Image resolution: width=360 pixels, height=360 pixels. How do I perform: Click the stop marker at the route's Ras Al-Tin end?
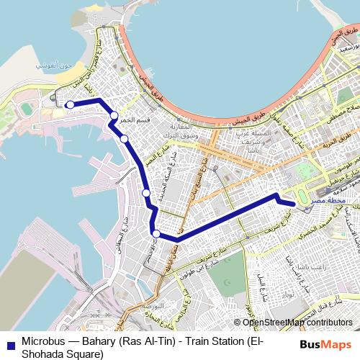[x=70, y=104]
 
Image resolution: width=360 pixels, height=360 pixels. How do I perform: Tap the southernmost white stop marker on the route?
[x=156, y=233]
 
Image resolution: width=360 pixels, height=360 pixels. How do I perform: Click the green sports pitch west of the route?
[x=27, y=109]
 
